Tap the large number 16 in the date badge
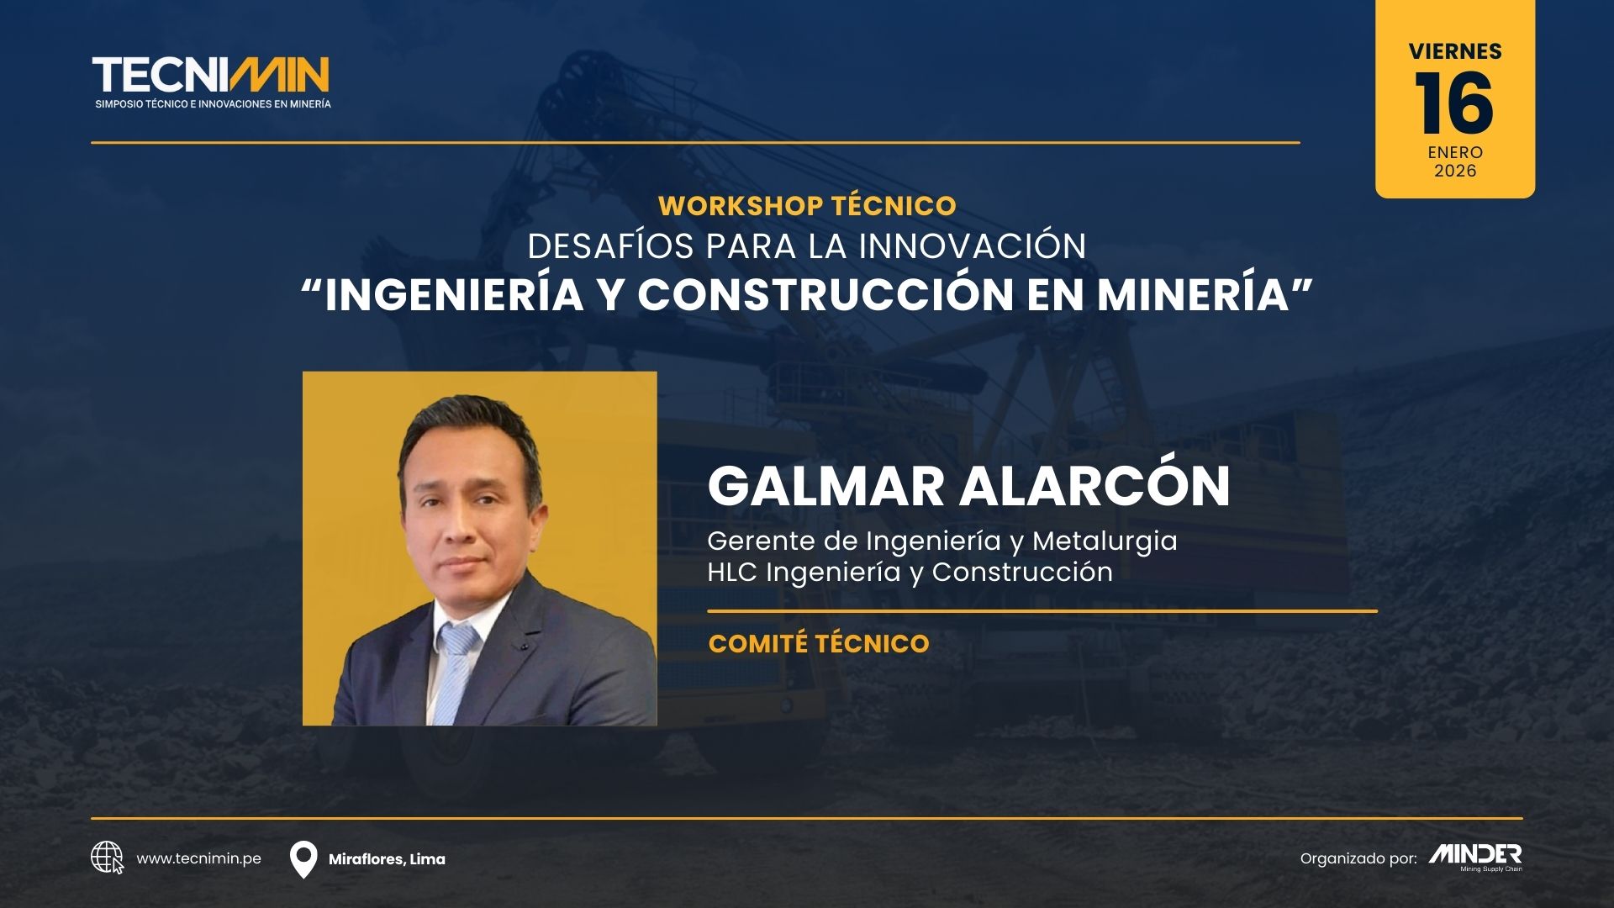[x=1454, y=103]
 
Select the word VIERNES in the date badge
[x=1455, y=51]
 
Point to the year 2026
[x=1455, y=171]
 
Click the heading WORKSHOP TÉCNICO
[x=807, y=205]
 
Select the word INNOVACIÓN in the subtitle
[x=973, y=245]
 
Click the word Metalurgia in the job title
[x=1105, y=541]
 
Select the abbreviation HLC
[x=733, y=572]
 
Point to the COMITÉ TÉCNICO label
[x=819, y=643]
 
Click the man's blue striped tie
[x=456, y=673]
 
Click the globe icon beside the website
[x=107, y=858]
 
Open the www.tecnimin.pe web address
[x=198, y=858]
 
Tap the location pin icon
[x=303, y=859]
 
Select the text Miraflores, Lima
[x=387, y=859]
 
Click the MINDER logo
[x=1475, y=857]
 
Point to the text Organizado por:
[x=1358, y=858]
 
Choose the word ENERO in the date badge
[x=1455, y=152]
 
